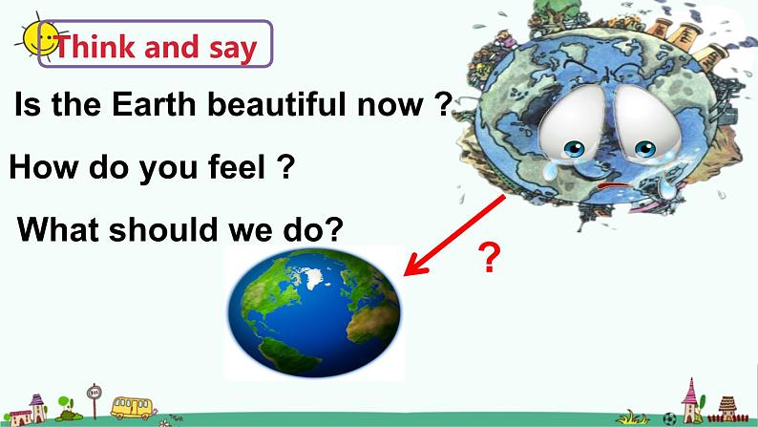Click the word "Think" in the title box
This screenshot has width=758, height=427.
[95, 47]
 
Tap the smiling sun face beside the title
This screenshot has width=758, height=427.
[39, 38]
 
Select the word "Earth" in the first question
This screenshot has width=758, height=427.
[154, 103]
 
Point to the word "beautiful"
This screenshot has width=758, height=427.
[276, 103]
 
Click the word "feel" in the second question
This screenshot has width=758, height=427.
[237, 167]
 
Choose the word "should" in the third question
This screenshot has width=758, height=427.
[163, 228]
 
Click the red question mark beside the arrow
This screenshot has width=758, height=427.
[489, 258]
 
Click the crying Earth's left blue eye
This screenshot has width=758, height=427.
[574, 148]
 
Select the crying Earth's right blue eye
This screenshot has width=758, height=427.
[645, 148]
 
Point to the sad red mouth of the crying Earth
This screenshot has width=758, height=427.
[614, 185]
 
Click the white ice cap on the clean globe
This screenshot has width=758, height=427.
[312, 277]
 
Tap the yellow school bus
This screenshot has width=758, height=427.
[132, 408]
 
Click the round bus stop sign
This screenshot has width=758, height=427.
[94, 393]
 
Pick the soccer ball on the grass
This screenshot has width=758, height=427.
[669, 418]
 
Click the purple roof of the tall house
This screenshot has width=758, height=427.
[36, 399]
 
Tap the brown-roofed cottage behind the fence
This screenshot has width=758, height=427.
[726, 409]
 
